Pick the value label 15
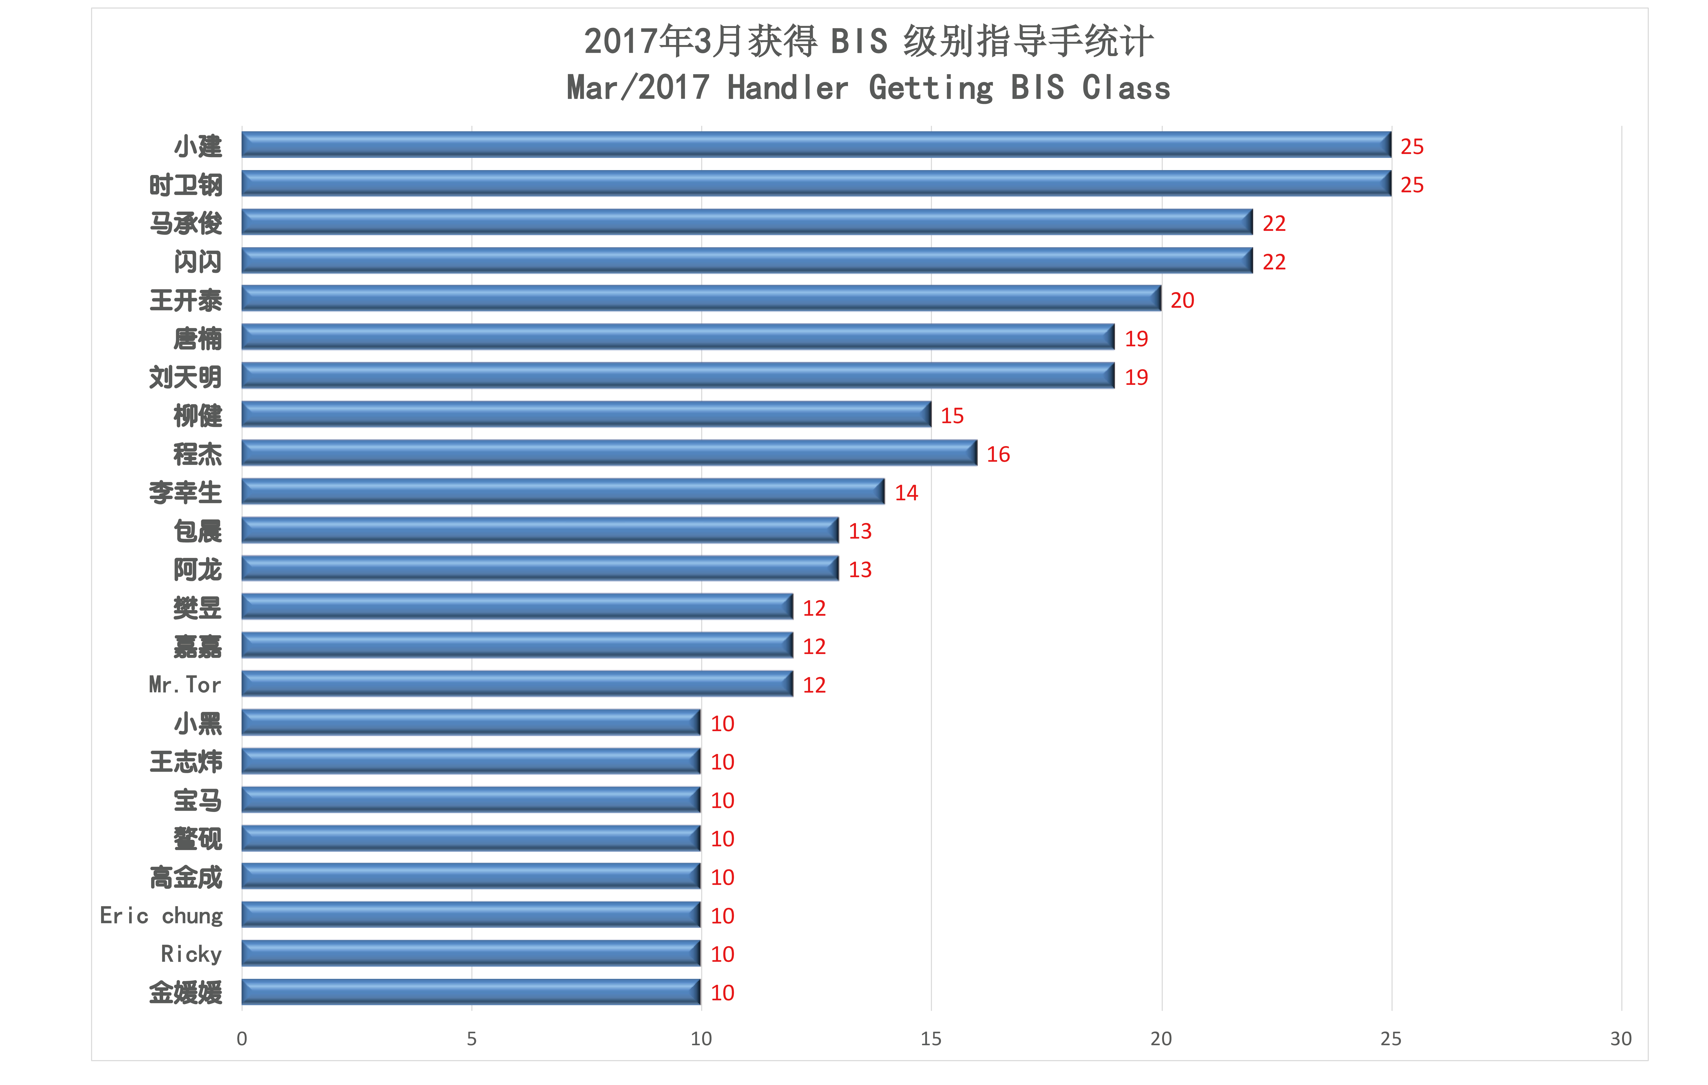(952, 416)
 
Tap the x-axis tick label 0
(242, 1039)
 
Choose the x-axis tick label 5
(472, 1039)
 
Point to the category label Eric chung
(161, 915)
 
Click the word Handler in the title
(787, 88)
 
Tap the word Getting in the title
(931, 88)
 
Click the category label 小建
(198, 146)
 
